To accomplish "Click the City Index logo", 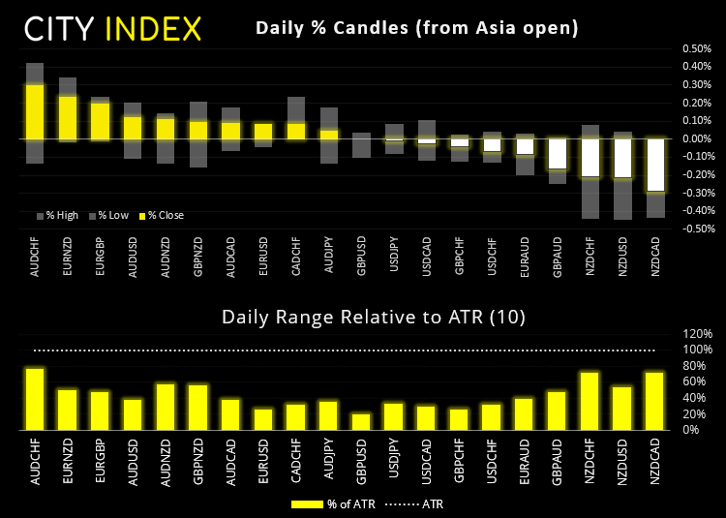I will [x=113, y=28].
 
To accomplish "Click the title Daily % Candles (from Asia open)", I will [x=416, y=28].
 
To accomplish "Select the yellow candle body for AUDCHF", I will [x=35, y=111].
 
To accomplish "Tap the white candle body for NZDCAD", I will [x=654, y=165].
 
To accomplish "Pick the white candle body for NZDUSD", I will [x=623, y=158].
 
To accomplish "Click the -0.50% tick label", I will [x=692, y=229].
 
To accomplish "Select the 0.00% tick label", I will [x=693, y=138].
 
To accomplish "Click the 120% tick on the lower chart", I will [x=697, y=334].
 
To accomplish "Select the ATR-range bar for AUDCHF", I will [x=35, y=399].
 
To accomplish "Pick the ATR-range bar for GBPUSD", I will [x=360, y=421].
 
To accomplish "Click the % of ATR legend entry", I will [x=327, y=503].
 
